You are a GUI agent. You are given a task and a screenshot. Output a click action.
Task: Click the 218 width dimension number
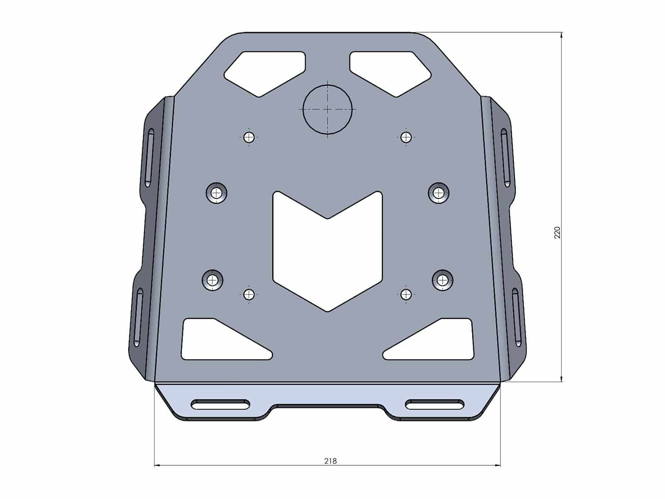tap(330, 461)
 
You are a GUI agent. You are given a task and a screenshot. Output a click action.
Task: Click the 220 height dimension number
tap(557, 233)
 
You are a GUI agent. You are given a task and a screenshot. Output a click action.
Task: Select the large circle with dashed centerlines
tap(328, 109)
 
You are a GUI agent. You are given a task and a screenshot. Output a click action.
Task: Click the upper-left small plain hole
tap(249, 137)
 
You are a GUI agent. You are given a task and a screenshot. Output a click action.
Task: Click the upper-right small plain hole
tap(406, 137)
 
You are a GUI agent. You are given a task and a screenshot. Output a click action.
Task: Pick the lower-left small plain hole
tap(249, 294)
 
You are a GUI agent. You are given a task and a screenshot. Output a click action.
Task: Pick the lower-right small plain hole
tap(406, 294)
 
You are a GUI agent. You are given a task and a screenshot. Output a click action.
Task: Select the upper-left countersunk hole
tap(217, 193)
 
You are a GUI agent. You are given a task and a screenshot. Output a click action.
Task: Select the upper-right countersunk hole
tap(438, 193)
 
